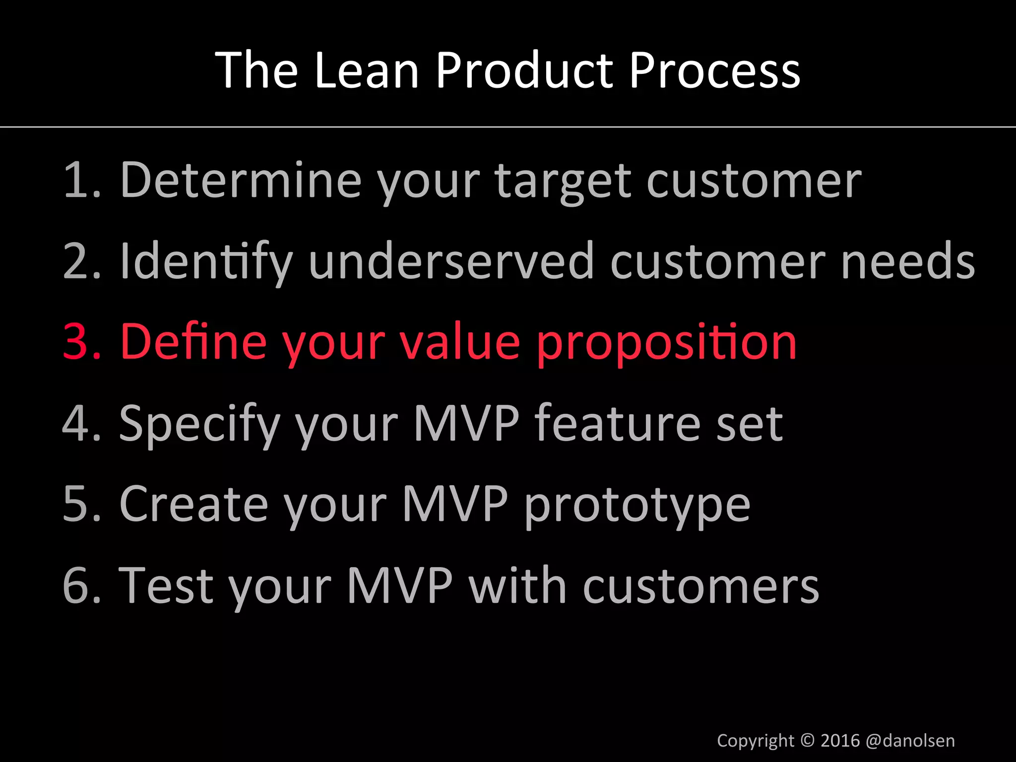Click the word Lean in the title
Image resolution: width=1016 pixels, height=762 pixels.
click(x=367, y=71)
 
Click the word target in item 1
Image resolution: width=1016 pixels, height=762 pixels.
click(x=564, y=182)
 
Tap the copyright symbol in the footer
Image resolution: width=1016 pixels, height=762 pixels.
click(x=808, y=740)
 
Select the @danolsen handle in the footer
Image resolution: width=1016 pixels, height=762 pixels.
click(x=910, y=741)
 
